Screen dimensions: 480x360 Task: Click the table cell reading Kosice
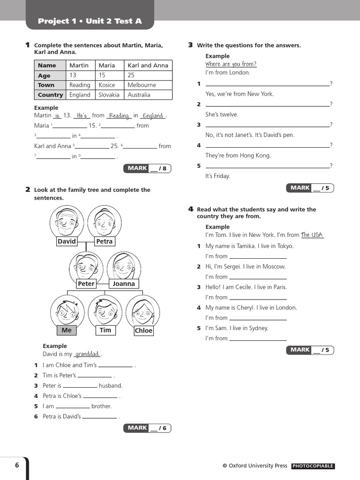click(x=107, y=85)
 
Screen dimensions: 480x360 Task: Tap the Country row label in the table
click(x=50, y=95)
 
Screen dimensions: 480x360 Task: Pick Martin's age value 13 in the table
click(x=73, y=75)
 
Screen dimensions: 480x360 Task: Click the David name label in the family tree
click(x=67, y=241)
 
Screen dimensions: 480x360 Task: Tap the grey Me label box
click(x=67, y=330)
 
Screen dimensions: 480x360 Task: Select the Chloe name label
click(x=143, y=330)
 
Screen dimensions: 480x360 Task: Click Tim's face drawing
click(x=105, y=310)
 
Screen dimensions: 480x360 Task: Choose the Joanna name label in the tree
click(x=124, y=284)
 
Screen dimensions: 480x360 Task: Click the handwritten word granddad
click(x=88, y=354)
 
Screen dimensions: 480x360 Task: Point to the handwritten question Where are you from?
click(x=231, y=64)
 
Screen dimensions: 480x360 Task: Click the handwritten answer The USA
click(x=312, y=235)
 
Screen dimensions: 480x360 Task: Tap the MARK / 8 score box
click(x=147, y=168)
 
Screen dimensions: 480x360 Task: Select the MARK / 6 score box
click(x=147, y=427)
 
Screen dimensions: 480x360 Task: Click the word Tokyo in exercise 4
click(x=285, y=246)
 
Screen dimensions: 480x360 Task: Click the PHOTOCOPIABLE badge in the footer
click(x=313, y=466)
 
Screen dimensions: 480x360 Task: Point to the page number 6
click(x=17, y=465)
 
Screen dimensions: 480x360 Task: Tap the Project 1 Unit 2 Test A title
click(x=90, y=21)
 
